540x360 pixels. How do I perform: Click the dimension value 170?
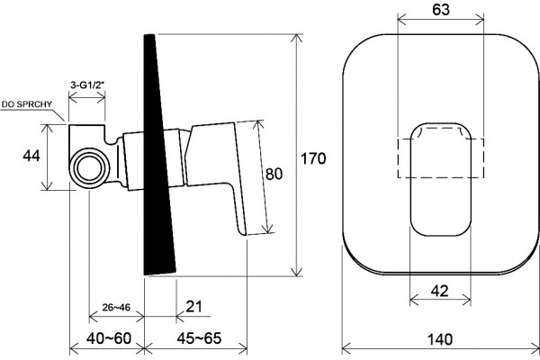click(x=313, y=158)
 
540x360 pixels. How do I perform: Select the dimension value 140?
click(x=440, y=339)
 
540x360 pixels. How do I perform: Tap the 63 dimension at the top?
click(x=441, y=10)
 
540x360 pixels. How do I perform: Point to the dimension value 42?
click(x=440, y=292)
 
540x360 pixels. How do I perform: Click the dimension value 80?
click(x=274, y=174)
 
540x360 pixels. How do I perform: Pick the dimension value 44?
click(x=31, y=156)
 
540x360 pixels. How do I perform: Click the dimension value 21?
click(x=193, y=307)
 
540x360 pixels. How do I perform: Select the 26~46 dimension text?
click(x=116, y=307)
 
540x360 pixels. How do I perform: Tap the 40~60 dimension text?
click(x=109, y=338)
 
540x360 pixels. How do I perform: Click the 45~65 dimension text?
click(x=199, y=338)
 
